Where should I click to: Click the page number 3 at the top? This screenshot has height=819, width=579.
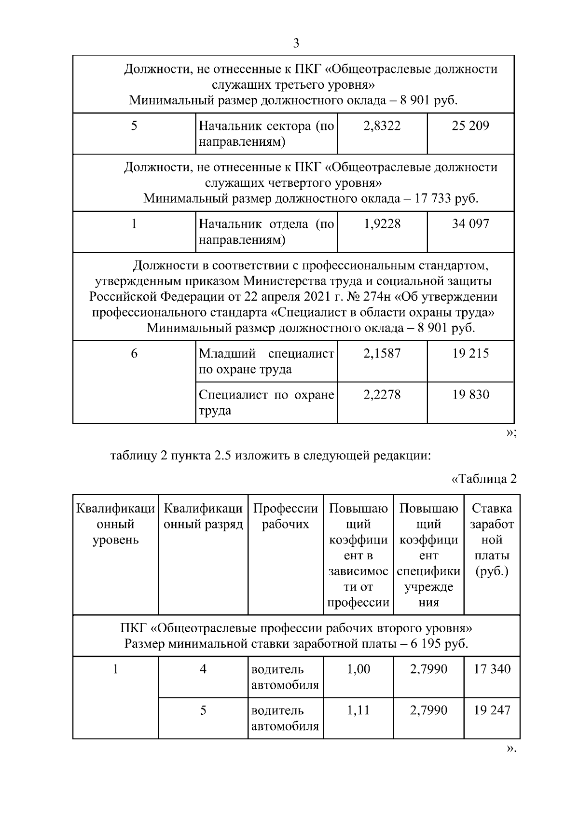point(296,43)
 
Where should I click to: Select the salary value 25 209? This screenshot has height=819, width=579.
point(470,126)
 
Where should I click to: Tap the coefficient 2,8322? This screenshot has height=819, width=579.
point(382,126)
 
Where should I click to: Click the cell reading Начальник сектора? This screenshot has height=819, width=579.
point(266,134)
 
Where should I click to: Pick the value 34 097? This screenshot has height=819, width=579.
point(470,224)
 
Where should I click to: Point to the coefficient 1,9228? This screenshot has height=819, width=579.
point(382,224)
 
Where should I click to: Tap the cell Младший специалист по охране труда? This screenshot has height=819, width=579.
point(266,361)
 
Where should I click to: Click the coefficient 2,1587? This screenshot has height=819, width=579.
point(382,354)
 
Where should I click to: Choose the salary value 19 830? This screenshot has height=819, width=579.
point(470,395)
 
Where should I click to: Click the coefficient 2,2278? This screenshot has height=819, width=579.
point(382,395)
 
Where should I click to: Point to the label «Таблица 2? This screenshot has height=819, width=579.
point(483,479)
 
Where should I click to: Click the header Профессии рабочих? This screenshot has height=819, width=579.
point(286,516)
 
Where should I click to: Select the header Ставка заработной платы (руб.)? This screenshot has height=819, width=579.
point(492,540)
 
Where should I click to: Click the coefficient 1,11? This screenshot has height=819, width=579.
point(358,710)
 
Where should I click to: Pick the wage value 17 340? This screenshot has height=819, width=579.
point(492,669)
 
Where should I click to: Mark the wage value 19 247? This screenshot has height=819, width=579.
point(492,710)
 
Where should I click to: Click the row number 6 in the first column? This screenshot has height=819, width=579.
point(134,354)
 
